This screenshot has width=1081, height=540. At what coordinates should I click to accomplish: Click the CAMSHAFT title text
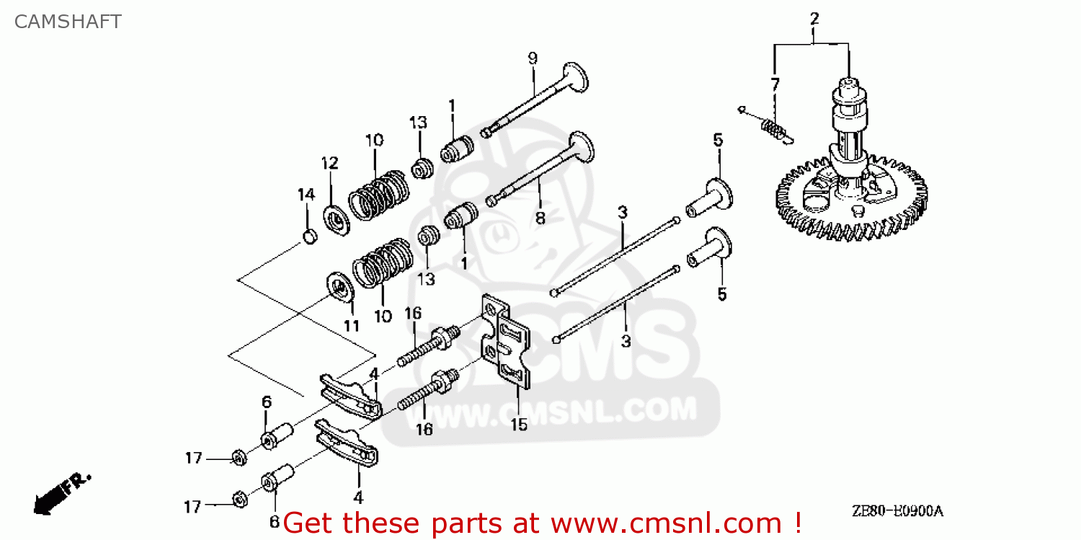pos(68,22)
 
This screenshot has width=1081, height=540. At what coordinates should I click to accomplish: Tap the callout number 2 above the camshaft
pos(814,19)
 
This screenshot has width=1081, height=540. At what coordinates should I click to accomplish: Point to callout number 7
pos(775,84)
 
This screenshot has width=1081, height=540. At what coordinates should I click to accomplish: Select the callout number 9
pos(533,58)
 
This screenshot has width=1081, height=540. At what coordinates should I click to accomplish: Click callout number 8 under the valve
pos(540,216)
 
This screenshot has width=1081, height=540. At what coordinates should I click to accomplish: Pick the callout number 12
pos(329,163)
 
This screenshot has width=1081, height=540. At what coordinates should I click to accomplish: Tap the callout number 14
pos(306,194)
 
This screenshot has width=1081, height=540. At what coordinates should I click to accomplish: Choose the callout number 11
pos(351,325)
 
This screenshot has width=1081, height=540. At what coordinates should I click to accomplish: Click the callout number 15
pos(519,425)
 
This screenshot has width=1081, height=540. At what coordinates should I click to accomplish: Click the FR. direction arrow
pos(61,492)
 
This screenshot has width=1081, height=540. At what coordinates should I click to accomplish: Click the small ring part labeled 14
pos(308,236)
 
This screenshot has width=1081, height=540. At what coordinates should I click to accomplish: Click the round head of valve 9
pos(577,74)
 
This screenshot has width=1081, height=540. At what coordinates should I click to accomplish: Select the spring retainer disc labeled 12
pos(336,219)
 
